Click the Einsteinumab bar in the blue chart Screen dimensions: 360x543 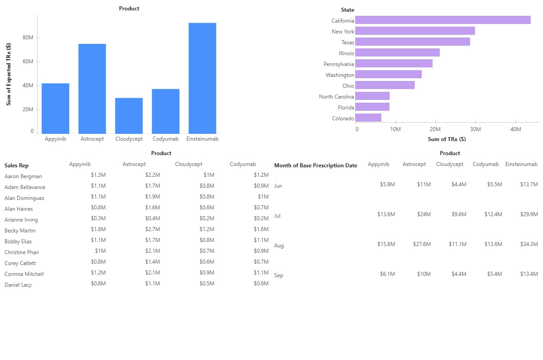coord(202,78)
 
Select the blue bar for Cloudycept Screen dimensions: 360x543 coord(129,115)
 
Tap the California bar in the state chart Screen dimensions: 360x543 coord(443,20)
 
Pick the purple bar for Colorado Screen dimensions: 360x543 coord(368,118)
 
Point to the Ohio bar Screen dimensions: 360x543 coord(385,85)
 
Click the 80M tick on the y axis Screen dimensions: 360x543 coord(28,38)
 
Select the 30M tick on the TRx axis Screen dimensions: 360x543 coord(475,129)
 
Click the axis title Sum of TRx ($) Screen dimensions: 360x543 coord(447,139)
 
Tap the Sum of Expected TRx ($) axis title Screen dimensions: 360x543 coord(9,75)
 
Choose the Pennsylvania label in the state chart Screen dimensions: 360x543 coord(338,64)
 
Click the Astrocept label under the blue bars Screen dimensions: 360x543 coord(92,139)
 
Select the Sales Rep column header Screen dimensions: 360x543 coord(16,166)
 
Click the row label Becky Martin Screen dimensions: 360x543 coord(20,231)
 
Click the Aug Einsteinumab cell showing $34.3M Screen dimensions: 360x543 coord(529,244)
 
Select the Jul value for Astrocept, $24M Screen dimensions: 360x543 coord(424,214)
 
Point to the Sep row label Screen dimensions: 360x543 coord(279,275)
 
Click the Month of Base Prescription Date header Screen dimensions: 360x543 coord(315,166)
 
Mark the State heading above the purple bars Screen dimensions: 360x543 coord(348,10)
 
